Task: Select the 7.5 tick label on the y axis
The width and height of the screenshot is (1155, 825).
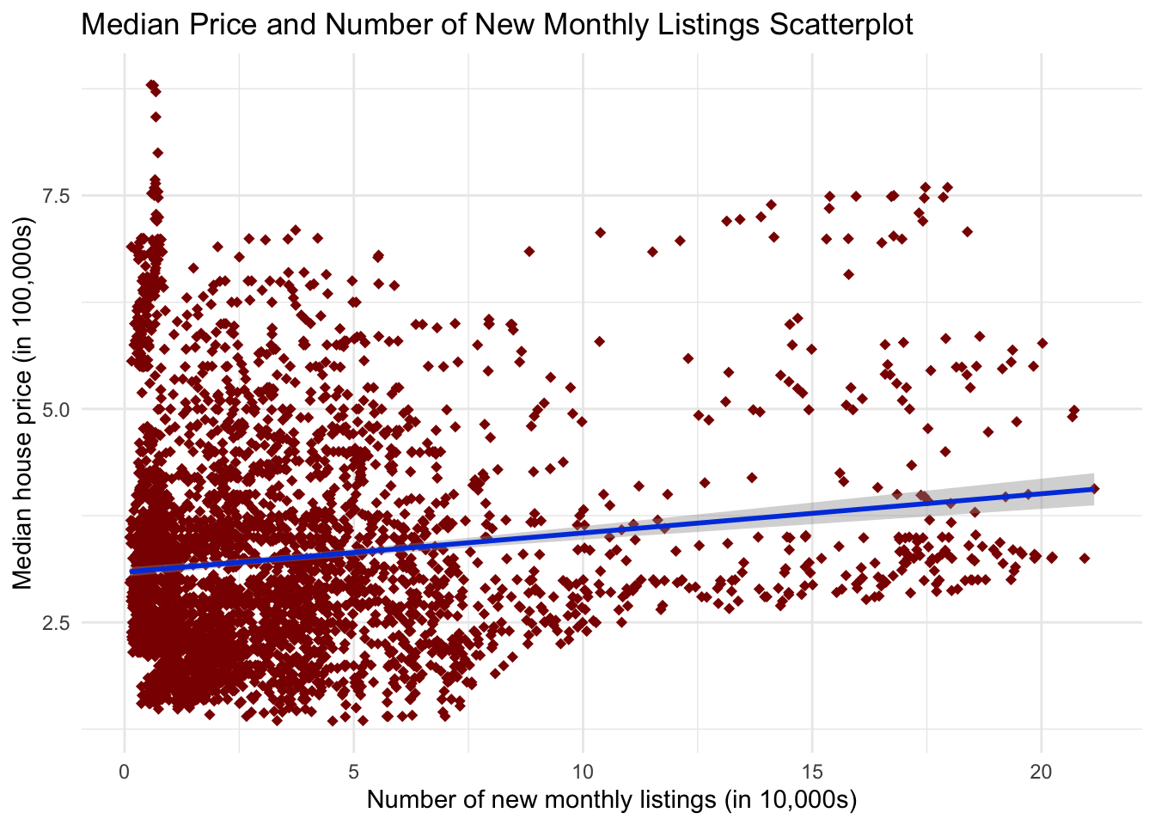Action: [x=58, y=196]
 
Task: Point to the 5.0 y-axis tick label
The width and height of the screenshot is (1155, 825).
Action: [x=58, y=409]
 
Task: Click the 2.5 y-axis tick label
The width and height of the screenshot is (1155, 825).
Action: [x=58, y=622]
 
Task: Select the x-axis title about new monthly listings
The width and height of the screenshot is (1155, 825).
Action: [x=612, y=800]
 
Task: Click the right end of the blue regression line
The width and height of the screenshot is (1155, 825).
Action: [x=1092, y=488]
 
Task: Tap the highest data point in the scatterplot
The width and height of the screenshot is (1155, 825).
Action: [x=151, y=84]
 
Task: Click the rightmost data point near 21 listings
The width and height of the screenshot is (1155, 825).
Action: [x=1094, y=488]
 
